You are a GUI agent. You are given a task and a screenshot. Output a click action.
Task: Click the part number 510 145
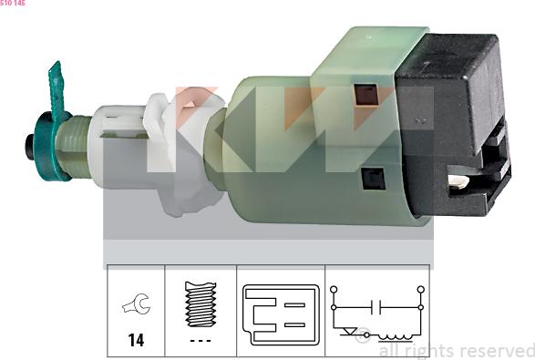coord(13,3)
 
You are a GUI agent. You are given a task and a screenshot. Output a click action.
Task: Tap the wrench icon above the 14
coord(137,303)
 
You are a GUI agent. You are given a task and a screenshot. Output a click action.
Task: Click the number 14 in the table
coord(136,340)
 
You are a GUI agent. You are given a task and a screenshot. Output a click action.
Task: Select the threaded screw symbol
coord(201,304)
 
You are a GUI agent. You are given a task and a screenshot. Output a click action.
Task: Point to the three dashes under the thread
coord(201,341)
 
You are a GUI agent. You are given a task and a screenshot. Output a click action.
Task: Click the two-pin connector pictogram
coord(281,314)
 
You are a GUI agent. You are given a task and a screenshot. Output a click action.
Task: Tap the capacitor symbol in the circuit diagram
coord(376,307)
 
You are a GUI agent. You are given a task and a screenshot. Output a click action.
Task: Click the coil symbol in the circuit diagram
coord(396,337)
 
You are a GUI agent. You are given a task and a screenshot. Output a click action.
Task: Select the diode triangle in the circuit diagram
coord(349,331)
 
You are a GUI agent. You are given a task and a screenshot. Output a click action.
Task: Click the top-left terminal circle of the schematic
coord(334,290)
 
